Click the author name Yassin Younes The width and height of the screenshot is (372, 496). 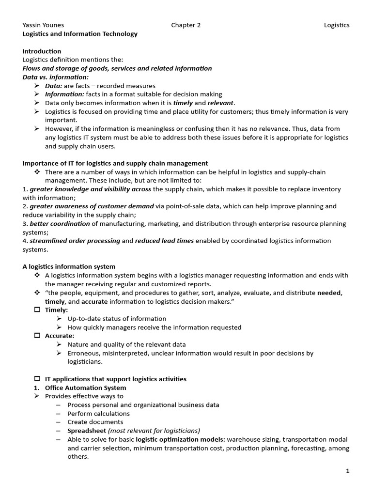click(x=43, y=25)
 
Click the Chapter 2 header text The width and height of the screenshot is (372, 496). click(x=186, y=25)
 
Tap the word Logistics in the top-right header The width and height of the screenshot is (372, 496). click(x=337, y=25)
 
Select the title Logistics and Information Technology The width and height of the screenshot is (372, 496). click(x=80, y=34)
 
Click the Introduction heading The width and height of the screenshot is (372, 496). click(x=42, y=51)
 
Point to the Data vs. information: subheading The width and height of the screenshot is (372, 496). click(x=56, y=77)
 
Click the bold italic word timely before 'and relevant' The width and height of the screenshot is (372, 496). click(x=183, y=103)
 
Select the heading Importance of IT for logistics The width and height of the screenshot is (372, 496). click(x=115, y=163)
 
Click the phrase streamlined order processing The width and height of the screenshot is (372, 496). click(x=75, y=241)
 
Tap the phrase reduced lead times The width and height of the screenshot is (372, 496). click(x=165, y=241)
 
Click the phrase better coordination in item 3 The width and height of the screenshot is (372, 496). click(x=60, y=224)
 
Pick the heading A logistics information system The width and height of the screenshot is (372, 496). click(x=69, y=266)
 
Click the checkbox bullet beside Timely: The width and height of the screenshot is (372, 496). click(x=37, y=310)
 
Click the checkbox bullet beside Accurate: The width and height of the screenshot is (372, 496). click(x=37, y=336)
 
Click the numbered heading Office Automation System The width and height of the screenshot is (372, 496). click(x=85, y=387)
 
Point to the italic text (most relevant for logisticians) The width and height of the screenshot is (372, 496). click(x=154, y=431)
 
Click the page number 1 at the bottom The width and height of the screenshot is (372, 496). click(x=347, y=471)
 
